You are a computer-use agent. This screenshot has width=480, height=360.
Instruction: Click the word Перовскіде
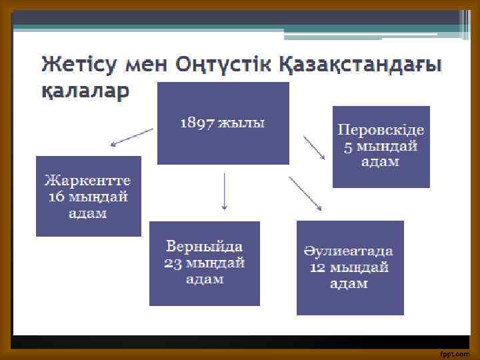381,130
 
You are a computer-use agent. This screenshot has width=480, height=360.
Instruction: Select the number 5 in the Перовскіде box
348,146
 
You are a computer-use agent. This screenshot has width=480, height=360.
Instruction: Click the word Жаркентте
88,181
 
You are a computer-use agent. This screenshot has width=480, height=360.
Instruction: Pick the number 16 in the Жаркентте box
55,197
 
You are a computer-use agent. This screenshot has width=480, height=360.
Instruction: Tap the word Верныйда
204,245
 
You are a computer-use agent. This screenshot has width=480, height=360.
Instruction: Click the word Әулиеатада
349,251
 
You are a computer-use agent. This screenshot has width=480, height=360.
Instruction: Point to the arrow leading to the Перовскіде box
314,147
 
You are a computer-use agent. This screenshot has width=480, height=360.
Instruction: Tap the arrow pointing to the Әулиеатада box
305,193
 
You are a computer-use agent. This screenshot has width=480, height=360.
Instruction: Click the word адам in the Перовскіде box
381,162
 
